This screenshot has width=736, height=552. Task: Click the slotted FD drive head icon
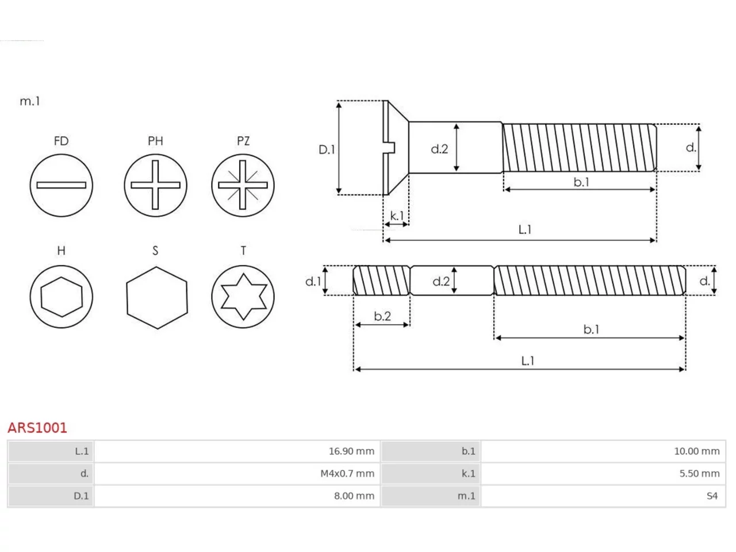[62, 185]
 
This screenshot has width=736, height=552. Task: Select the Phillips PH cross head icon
[155, 185]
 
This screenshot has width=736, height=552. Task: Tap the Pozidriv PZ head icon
[243, 185]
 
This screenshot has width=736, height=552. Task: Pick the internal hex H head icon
[62, 297]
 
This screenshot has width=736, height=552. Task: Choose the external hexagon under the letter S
[157, 298]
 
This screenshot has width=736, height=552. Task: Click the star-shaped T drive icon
[243, 297]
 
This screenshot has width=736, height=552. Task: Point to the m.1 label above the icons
[30, 101]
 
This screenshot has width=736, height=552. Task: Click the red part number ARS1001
[37, 428]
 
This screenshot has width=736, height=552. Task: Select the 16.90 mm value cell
[237, 451]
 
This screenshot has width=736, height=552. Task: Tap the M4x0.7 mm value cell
[237, 474]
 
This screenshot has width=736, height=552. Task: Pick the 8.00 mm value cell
[237, 496]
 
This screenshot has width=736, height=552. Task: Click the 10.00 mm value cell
[603, 451]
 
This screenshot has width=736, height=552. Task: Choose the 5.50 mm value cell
[603, 474]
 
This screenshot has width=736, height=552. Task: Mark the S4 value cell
[603, 496]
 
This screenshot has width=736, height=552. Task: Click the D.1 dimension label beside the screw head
[327, 149]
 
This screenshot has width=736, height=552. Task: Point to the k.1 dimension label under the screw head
[397, 216]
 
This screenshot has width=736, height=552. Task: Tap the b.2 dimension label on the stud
[382, 316]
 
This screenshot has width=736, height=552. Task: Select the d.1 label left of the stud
[313, 281]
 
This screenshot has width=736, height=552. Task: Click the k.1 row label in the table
[469, 474]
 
